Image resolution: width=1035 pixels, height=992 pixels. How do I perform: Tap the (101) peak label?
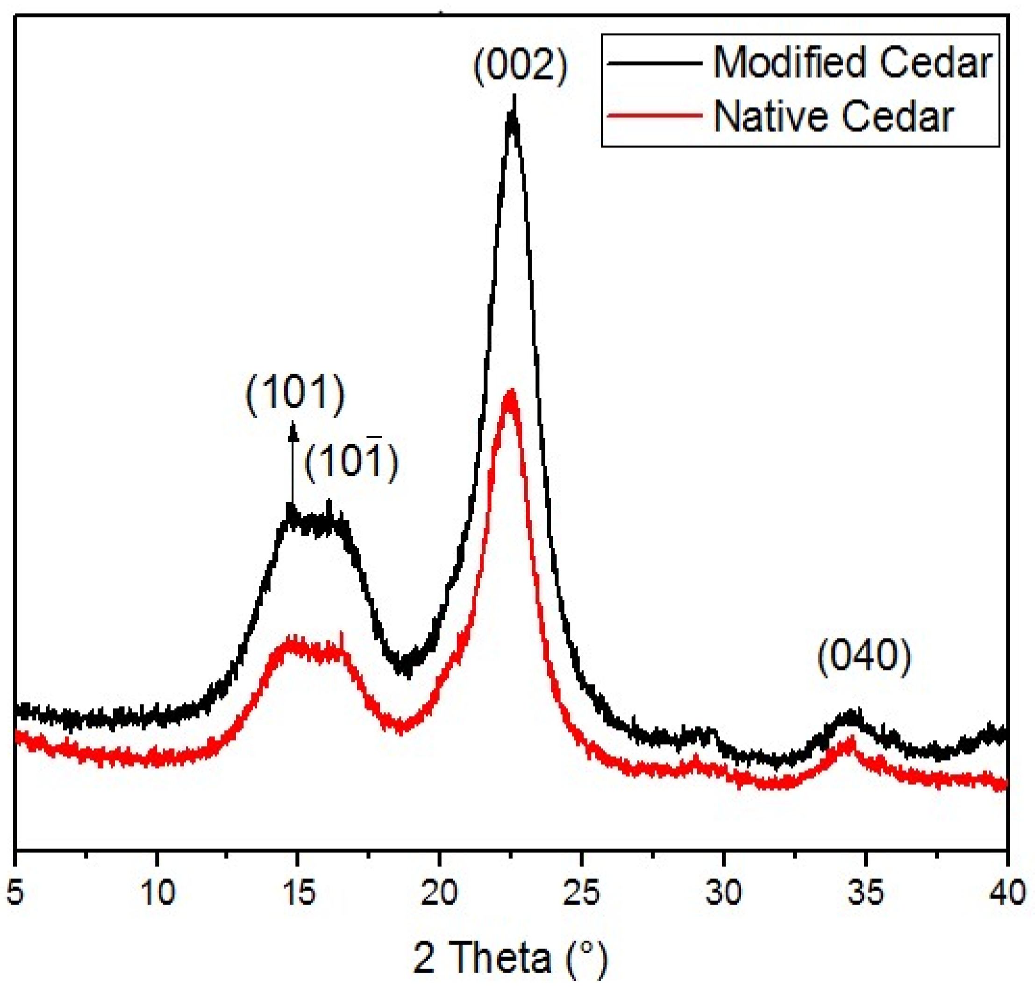(295, 395)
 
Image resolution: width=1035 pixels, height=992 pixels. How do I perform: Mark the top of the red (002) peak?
(510, 393)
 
